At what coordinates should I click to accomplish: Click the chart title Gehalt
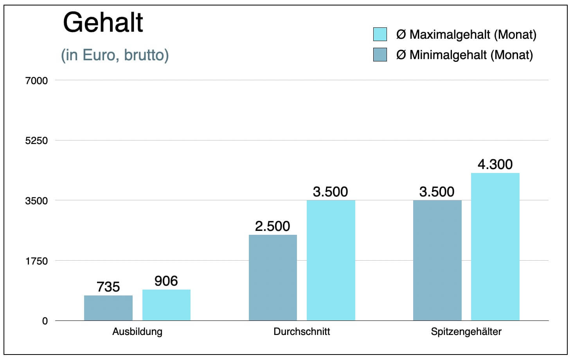[x=103, y=23]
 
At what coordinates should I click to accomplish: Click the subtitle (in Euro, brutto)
[x=115, y=55]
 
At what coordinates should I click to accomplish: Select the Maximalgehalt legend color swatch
[x=380, y=34]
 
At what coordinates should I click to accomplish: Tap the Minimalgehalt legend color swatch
[x=380, y=55]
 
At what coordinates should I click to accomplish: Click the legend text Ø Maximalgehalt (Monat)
[x=466, y=35]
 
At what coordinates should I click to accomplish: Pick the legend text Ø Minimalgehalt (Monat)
[x=464, y=55]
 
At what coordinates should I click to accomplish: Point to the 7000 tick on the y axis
[x=36, y=81]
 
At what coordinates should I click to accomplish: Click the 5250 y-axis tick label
[x=36, y=141]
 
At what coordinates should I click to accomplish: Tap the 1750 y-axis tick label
[x=36, y=261]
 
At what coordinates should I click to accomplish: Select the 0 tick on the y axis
[x=45, y=321]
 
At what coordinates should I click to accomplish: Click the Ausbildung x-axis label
[x=137, y=332]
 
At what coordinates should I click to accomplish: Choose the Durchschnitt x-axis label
[x=302, y=332]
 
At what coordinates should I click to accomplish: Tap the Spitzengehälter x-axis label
[x=466, y=332]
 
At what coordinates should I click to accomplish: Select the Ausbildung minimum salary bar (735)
[x=108, y=308]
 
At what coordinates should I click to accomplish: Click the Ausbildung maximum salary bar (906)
[x=166, y=305]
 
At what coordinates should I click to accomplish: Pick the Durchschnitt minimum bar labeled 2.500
[x=273, y=278]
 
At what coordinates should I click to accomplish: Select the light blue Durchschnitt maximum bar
[x=331, y=261]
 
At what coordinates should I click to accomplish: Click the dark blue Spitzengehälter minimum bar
[x=437, y=261]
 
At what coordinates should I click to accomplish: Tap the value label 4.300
[x=495, y=164]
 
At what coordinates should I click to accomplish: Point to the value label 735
[x=108, y=287]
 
